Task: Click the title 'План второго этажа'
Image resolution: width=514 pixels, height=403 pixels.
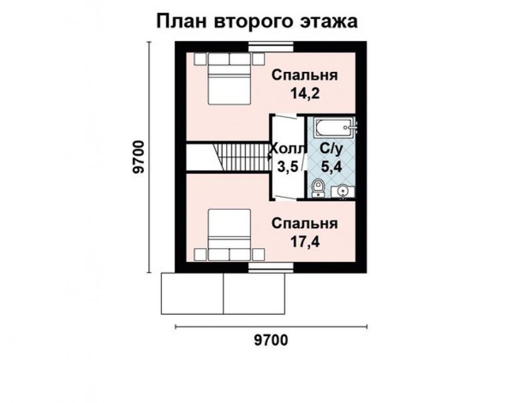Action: click(257, 22)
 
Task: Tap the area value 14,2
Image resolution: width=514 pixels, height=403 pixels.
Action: click(305, 93)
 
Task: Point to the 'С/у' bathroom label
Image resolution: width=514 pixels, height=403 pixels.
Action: click(331, 149)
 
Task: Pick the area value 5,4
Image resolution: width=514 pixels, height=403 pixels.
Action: click(331, 167)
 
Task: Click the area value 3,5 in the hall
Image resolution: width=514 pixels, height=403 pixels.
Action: click(287, 167)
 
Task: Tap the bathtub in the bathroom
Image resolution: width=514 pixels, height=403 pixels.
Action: click(335, 126)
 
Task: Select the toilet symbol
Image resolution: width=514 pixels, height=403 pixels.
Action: click(318, 188)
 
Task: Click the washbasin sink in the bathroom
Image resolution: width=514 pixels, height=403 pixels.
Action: click(343, 190)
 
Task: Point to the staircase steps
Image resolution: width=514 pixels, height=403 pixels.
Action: click(242, 157)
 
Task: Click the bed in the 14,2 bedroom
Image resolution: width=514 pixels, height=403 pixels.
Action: click(229, 81)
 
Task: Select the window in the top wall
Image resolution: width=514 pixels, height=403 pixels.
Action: click(271, 46)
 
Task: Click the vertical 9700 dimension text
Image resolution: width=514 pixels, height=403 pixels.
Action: click(138, 157)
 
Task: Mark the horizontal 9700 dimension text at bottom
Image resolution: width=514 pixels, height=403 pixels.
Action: click(271, 341)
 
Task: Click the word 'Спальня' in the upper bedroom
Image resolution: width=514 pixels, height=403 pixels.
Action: click(305, 75)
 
